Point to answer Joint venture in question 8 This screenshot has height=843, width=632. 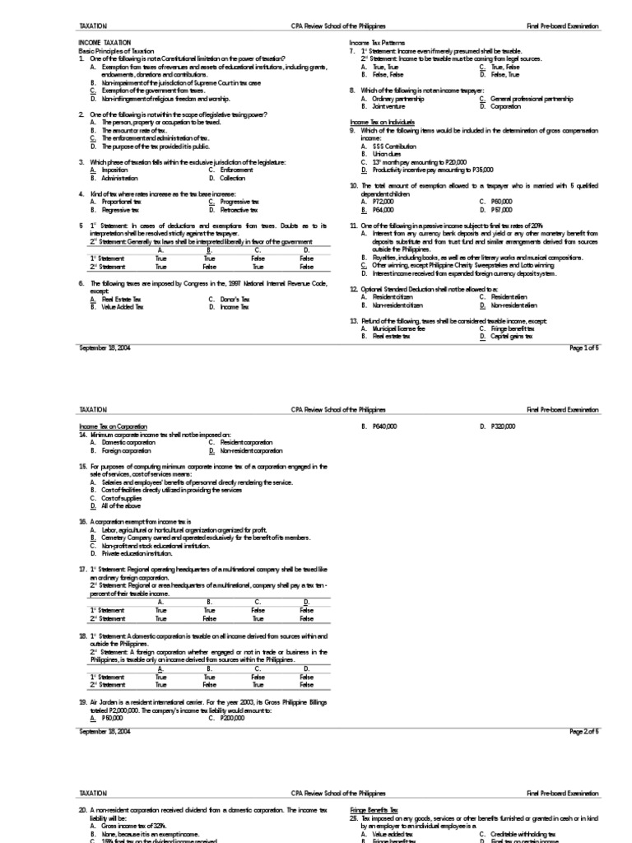[388, 106]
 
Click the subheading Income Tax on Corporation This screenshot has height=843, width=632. [113, 426]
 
